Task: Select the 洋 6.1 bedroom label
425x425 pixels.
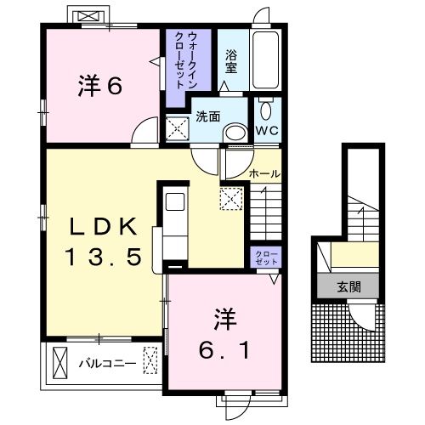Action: [224, 334]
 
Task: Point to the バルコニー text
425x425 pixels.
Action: [108, 363]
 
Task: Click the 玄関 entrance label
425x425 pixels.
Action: [347, 286]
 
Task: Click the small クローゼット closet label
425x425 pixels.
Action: [261, 258]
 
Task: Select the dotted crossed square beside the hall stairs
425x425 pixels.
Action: [230, 199]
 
